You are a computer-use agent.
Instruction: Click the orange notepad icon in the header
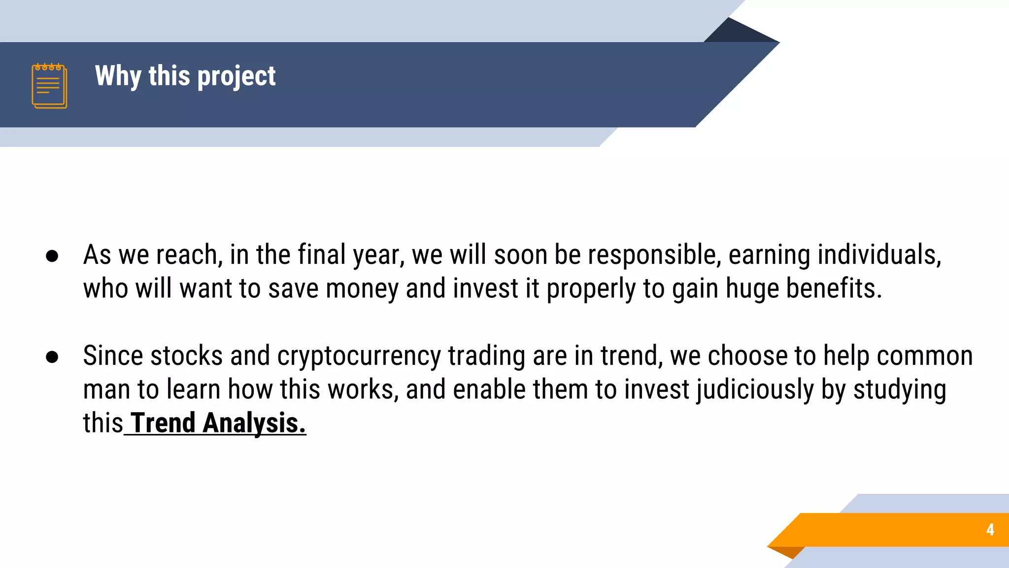coord(49,86)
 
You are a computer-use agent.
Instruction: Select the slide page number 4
coord(990,530)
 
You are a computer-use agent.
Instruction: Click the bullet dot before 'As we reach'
coord(52,256)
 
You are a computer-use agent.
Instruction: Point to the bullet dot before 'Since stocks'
coord(52,357)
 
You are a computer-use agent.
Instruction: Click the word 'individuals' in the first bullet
coord(878,255)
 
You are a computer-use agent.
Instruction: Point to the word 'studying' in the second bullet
coord(900,390)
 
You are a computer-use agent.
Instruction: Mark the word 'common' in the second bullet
coord(925,356)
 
